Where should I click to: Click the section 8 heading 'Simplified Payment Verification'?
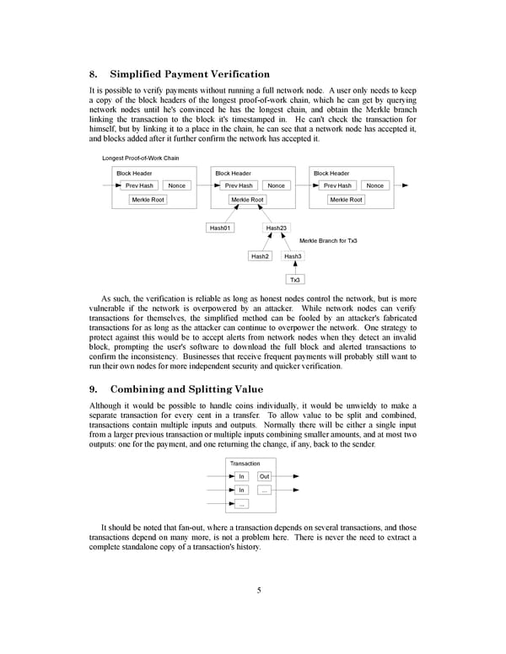click(190, 74)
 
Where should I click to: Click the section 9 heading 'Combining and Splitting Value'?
click(186, 389)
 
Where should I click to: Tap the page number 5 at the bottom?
click(260, 590)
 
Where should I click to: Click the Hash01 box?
click(219, 228)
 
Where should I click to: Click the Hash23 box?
click(276, 228)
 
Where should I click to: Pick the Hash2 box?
click(260, 256)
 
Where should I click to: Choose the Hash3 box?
click(293, 256)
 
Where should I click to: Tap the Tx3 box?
click(295, 280)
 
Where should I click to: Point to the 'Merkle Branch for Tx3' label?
click(328, 241)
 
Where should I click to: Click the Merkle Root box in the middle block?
click(247, 200)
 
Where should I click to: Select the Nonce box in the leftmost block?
click(176, 185)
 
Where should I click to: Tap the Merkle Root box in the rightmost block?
click(346, 200)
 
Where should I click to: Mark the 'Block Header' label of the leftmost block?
click(134, 174)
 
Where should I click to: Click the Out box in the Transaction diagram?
click(264, 476)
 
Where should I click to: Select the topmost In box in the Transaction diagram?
click(242, 476)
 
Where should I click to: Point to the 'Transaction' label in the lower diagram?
click(245, 464)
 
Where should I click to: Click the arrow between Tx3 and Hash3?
click(295, 269)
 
